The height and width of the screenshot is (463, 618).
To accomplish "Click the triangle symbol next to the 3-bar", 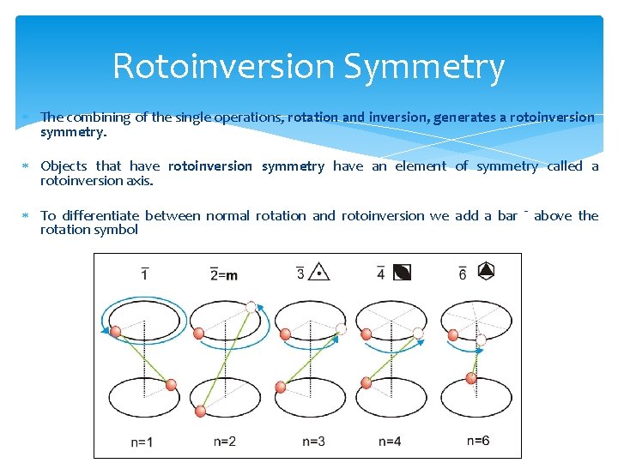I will (x=319, y=273).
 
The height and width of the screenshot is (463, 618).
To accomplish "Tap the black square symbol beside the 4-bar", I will (x=402, y=273).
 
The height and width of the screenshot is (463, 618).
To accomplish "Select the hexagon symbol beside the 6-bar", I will (x=486, y=272).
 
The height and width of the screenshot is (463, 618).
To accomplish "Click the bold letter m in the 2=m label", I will (x=232, y=274).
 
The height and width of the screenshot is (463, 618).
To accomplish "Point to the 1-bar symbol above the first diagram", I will (x=144, y=274).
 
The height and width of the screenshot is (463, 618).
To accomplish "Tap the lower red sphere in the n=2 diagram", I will (x=200, y=412).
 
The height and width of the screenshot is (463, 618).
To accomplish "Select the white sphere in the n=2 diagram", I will (x=251, y=307).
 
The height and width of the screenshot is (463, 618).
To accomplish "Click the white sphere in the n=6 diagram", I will (x=481, y=340).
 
